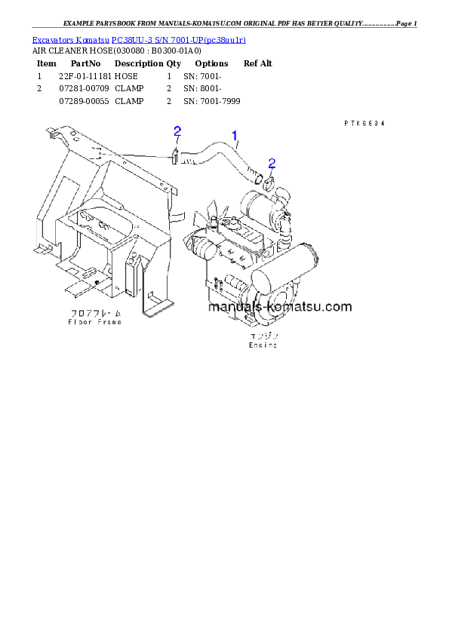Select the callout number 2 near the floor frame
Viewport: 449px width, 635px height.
tap(177, 132)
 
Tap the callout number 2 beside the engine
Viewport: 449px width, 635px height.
tap(272, 163)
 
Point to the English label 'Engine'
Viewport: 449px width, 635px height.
tap(263, 345)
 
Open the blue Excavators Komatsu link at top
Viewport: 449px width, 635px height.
tap(139, 38)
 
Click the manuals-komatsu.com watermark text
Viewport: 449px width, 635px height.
tap(278, 307)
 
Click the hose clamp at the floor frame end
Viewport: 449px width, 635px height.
tap(175, 157)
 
